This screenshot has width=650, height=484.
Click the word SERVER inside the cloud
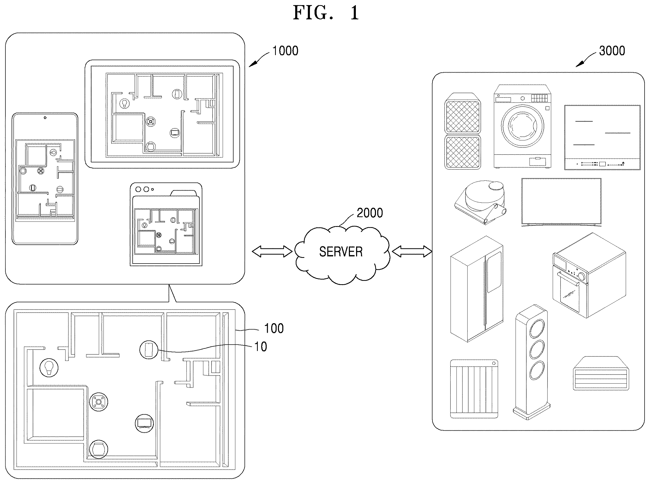coord(341,252)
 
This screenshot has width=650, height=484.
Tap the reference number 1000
coord(285,51)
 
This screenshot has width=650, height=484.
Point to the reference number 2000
coord(370,213)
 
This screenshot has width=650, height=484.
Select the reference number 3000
coord(612,51)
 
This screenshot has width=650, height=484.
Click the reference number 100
coord(274,328)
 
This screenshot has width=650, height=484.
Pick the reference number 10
coord(261,347)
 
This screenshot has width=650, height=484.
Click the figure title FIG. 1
coord(326,13)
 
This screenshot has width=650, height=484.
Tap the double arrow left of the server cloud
coord(272,251)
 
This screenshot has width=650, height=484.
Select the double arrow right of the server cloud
coord(412,251)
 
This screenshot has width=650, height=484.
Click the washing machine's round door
coord(522,126)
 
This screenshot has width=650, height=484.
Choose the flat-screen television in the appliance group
coord(561,202)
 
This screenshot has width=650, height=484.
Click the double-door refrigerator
coord(477,289)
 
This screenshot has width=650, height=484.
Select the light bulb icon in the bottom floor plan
coord(49,368)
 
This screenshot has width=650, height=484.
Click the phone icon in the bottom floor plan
coord(149,350)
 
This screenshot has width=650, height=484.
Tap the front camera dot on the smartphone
coord(45,118)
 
